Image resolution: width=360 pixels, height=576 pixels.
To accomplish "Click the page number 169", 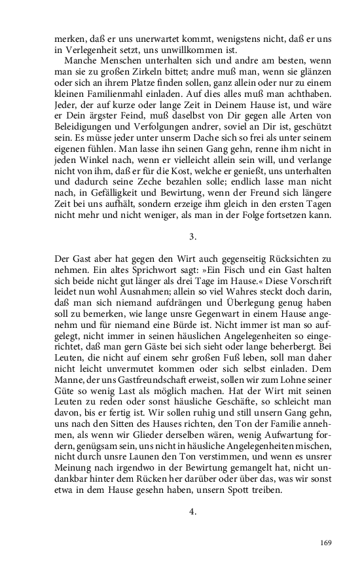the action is [x=327, y=542].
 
